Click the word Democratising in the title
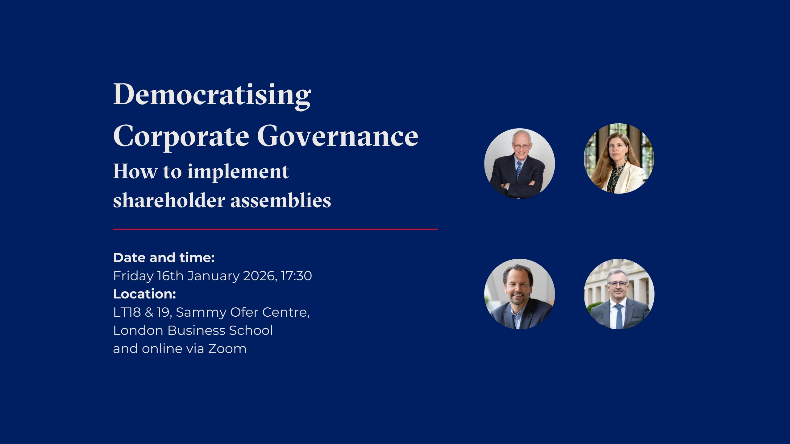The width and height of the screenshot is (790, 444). [x=212, y=95]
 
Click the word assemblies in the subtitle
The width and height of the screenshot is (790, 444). [x=281, y=200]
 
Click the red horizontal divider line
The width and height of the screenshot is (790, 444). [x=275, y=229]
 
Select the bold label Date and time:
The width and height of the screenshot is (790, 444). [x=164, y=258]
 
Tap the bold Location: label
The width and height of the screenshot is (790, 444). [x=144, y=294]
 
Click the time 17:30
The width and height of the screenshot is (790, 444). [x=296, y=276]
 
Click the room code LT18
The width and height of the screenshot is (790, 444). [x=127, y=312]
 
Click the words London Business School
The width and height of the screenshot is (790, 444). [x=193, y=331]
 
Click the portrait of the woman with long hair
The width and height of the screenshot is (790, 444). [x=619, y=158]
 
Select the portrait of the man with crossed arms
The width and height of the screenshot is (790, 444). [x=520, y=163]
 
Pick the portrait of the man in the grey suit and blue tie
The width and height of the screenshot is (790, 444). [x=619, y=294]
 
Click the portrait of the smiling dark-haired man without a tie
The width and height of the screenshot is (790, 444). [x=520, y=294]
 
